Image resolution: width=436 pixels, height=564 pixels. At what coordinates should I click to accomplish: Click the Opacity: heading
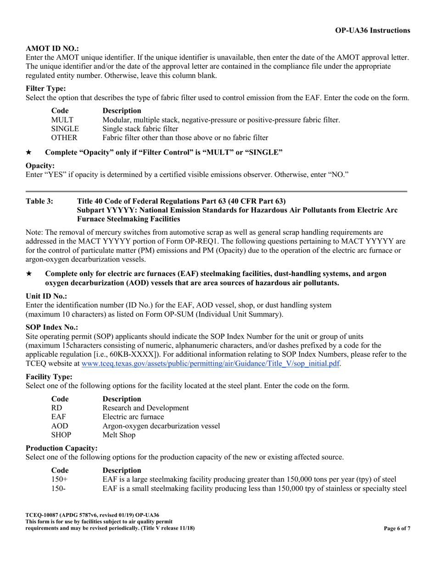click(x=40, y=165)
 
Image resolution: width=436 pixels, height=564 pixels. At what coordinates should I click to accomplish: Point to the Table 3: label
click(x=39, y=201)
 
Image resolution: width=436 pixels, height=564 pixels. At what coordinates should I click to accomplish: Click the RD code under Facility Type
click(x=56, y=408)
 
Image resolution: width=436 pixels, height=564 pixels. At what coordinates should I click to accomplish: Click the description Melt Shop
click(x=119, y=435)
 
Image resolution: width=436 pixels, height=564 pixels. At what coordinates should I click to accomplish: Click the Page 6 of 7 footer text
click(x=397, y=528)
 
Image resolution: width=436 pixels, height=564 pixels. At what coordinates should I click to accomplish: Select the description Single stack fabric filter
click(x=140, y=128)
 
